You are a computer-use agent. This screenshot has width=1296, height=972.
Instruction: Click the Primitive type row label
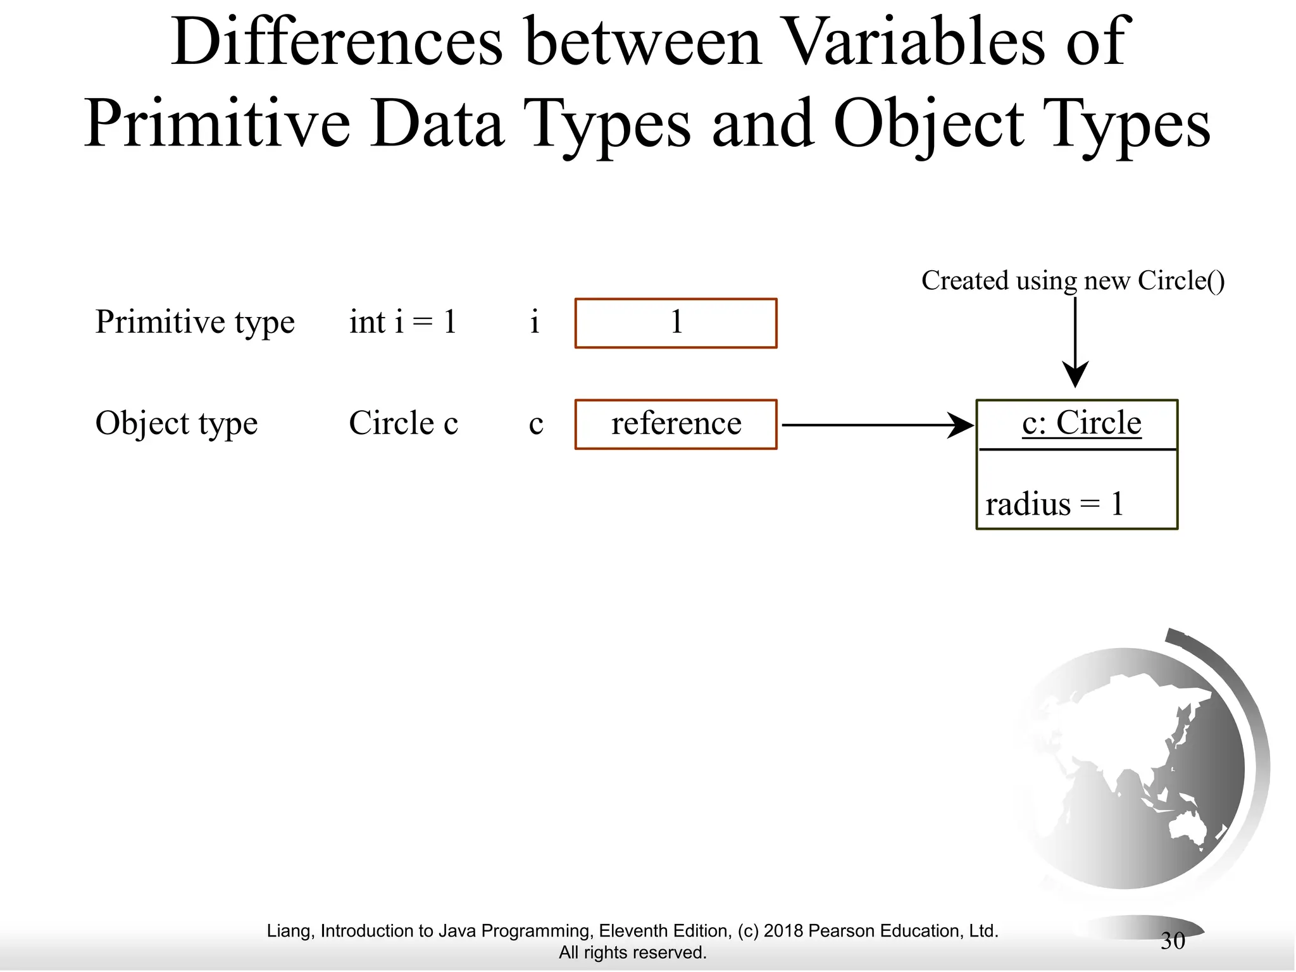click(x=194, y=322)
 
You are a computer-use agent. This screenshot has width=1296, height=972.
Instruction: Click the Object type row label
click(x=176, y=423)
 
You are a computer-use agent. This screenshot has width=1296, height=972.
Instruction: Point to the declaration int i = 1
click(x=402, y=322)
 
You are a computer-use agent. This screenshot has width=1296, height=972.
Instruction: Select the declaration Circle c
click(x=402, y=423)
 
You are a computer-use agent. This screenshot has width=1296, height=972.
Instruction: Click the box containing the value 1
click(x=675, y=323)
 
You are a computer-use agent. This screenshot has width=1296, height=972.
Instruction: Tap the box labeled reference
click(x=675, y=424)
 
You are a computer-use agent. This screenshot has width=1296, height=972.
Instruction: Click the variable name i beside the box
click(x=534, y=322)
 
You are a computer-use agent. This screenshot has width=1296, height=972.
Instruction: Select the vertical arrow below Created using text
click(x=1075, y=342)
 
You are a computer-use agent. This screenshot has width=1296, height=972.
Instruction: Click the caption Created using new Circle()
click(x=1073, y=280)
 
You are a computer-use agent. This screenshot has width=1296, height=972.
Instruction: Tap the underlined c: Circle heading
click(x=1081, y=423)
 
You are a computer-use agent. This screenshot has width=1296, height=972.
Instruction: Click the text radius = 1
click(x=1054, y=504)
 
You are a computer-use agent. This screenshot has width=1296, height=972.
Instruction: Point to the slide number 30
click(x=1172, y=941)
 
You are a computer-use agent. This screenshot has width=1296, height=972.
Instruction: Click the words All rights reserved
click(x=632, y=952)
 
